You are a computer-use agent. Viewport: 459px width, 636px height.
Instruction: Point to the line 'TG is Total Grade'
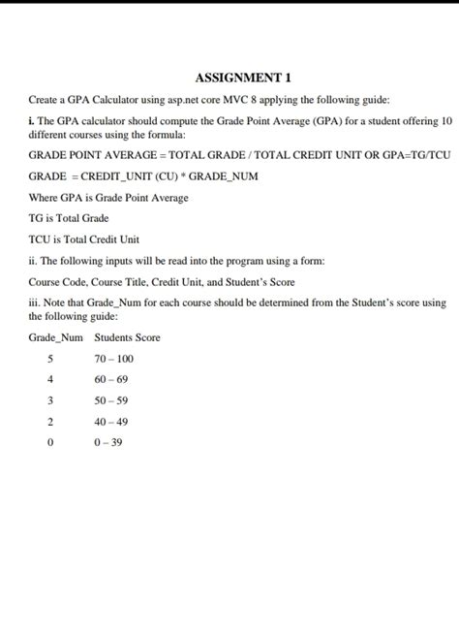(x=69, y=218)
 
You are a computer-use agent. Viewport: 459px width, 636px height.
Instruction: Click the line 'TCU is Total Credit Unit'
(x=84, y=239)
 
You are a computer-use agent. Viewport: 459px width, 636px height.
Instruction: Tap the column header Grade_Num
(x=56, y=337)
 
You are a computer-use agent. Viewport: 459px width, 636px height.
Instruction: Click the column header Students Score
(x=127, y=337)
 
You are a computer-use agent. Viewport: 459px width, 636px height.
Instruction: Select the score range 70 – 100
(x=114, y=359)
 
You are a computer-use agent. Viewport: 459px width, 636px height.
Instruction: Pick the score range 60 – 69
(x=111, y=379)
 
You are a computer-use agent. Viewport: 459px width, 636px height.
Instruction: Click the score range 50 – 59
(x=111, y=400)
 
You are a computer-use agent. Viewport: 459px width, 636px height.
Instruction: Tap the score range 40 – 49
(x=111, y=422)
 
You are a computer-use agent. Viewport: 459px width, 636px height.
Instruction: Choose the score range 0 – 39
(x=108, y=442)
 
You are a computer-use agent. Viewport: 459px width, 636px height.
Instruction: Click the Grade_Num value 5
(x=49, y=359)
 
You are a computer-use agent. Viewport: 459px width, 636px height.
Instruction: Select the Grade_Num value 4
(x=49, y=379)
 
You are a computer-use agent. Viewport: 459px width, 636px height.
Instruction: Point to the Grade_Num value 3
(x=49, y=400)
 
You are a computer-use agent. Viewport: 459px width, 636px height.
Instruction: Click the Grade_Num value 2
(x=49, y=422)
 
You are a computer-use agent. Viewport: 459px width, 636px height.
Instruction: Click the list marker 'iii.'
(x=35, y=302)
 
